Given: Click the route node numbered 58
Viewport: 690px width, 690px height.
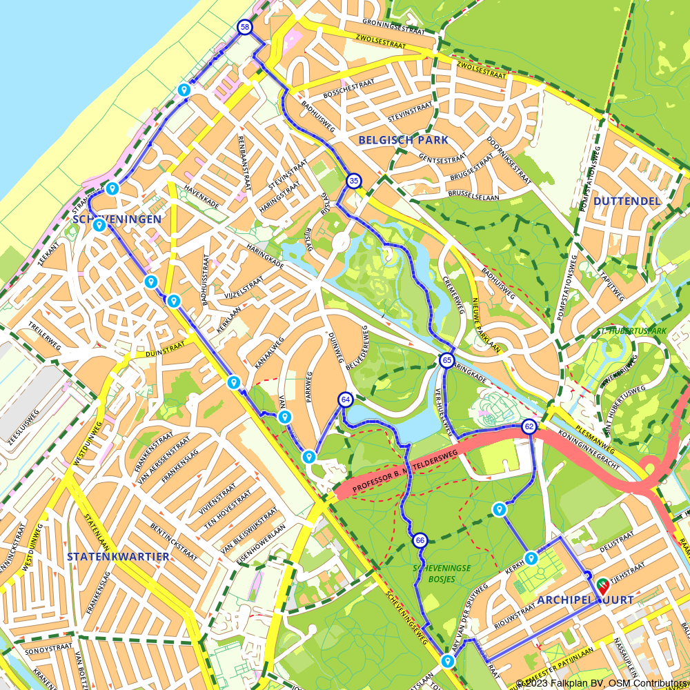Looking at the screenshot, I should coord(244,27).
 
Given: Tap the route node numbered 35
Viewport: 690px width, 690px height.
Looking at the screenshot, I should coord(353,181).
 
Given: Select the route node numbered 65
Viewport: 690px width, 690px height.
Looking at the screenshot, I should coord(447,360).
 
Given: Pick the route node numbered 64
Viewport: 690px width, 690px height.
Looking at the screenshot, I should coord(346,400).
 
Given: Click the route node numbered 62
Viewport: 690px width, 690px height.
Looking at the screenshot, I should coord(529,426).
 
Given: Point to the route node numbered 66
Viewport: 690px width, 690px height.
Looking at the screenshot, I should coord(420,540).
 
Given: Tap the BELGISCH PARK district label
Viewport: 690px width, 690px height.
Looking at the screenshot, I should coord(403,140).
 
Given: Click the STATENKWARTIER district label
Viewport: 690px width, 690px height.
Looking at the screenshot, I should coord(118,556).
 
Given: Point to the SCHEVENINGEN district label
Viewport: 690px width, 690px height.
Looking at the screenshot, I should coord(117,219).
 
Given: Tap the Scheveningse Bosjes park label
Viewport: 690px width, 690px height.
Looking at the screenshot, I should coord(442,573).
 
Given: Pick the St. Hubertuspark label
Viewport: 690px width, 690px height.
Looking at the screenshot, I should coord(632,331).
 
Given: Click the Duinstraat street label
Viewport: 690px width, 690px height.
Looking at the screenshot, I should coord(165,353).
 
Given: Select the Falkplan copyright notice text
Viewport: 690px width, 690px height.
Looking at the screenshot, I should coord(602,683).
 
